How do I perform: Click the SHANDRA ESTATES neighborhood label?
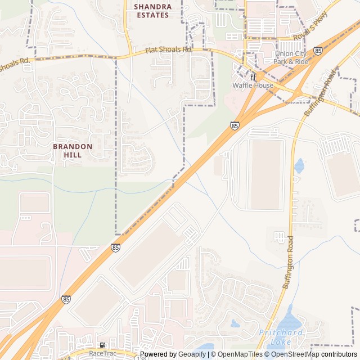152,11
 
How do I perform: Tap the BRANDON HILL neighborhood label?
73,150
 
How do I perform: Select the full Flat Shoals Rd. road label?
169,51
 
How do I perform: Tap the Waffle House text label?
253,85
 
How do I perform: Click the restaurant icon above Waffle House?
253,76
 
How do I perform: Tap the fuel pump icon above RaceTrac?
102,345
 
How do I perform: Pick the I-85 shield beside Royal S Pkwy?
318,51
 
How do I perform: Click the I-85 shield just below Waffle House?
234,125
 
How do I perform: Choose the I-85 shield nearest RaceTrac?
66,299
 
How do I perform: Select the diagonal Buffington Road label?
320,93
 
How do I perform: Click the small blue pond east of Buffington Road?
299,165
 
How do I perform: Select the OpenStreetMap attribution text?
295,354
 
